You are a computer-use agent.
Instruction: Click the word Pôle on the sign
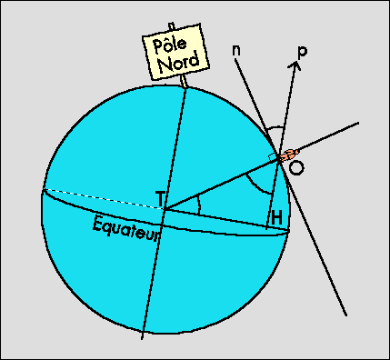pos(170,45)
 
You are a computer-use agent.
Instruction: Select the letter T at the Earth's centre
pos(160,198)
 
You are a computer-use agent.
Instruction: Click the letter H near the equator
pos(276,218)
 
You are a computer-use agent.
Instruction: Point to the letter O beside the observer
pos(295,168)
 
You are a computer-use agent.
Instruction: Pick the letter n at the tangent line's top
pos(236,51)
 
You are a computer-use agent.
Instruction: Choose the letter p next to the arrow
pos(302,52)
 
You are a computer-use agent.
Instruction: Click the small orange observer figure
pos(288,155)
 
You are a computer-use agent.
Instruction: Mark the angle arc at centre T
pos(199,205)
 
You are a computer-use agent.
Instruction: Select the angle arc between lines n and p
pos(275,127)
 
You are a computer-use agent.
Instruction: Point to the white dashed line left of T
pos(104,198)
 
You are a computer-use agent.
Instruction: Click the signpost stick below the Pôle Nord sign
pos(184,81)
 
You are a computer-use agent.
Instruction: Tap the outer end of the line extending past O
pos(359,123)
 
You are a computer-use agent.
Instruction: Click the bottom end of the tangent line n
pos(346,315)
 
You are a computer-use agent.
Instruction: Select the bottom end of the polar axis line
pos(142,339)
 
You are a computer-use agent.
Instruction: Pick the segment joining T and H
pos(215,218)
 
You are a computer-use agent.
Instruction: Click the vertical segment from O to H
pos(273,192)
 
